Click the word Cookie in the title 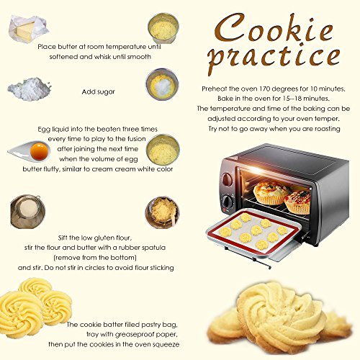coord(274,27)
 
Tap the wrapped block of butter coord(28,29)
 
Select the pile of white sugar coord(30,89)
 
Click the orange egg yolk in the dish coord(39,151)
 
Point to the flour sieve coord(27,211)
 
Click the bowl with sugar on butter coord(162,84)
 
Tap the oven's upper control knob coord(227,179)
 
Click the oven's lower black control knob coord(227,202)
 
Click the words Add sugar coord(99,92)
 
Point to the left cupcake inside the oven coord(271,193)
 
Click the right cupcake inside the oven coord(297,202)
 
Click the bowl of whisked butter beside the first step coord(163,28)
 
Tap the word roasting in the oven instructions coord(328,129)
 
